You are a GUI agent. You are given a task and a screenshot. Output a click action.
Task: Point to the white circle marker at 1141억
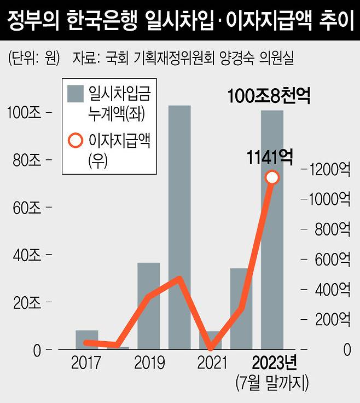click(272, 177)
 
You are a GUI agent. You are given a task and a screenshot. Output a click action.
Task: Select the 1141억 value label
click(270, 158)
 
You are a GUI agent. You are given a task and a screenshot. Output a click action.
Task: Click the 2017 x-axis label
click(86, 362)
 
